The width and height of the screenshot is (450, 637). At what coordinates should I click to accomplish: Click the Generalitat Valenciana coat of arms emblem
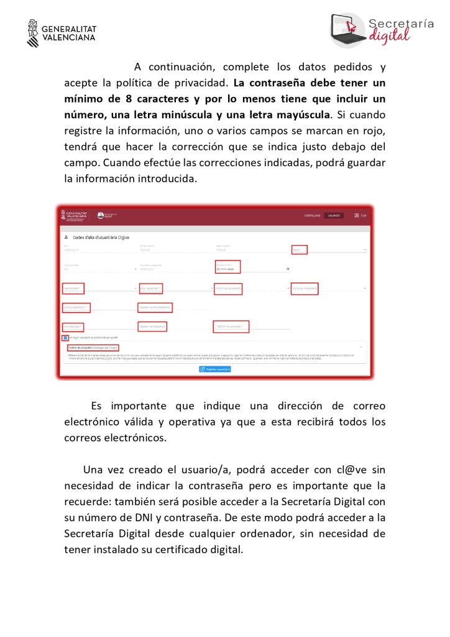pyautogui.click(x=33, y=33)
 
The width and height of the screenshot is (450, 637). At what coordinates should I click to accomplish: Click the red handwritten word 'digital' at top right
pyautogui.click(x=390, y=36)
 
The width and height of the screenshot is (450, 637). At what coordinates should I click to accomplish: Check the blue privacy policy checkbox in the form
pyautogui.click(x=65, y=338)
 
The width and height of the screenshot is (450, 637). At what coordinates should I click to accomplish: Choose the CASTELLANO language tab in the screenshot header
pyautogui.click(x=312, y=215)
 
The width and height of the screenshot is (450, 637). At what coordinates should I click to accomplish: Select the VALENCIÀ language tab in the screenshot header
pyautogui.click(x=334, y=215)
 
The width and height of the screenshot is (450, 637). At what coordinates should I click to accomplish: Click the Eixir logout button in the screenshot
pyautogui.click(x=360, y=215)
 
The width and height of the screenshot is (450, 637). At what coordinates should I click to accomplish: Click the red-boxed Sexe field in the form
pyautogui.click(x=299, y=249)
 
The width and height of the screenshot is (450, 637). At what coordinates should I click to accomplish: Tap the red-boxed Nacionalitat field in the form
pyautogui.click(x=74, y=289)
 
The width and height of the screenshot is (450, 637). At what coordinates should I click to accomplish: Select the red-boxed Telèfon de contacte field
pyautogui.click(x=231, y=326)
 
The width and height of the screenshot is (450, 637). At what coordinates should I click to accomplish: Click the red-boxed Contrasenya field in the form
pyautogui.click(x=73, y=326)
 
